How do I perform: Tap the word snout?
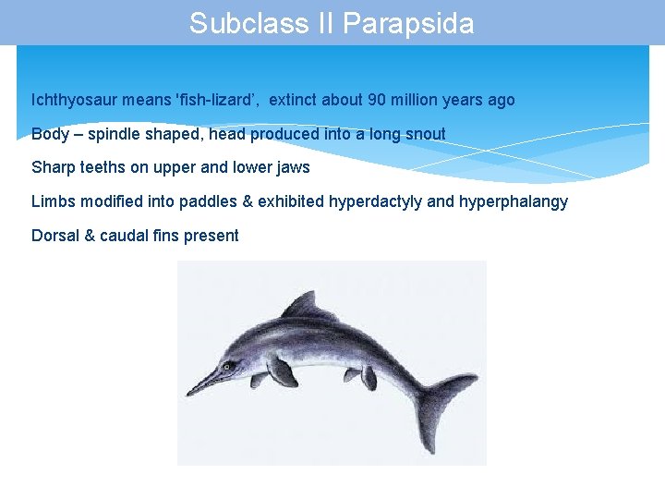click(424, 134)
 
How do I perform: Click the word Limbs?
click(54, 201)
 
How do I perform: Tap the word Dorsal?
click(54, 236)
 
